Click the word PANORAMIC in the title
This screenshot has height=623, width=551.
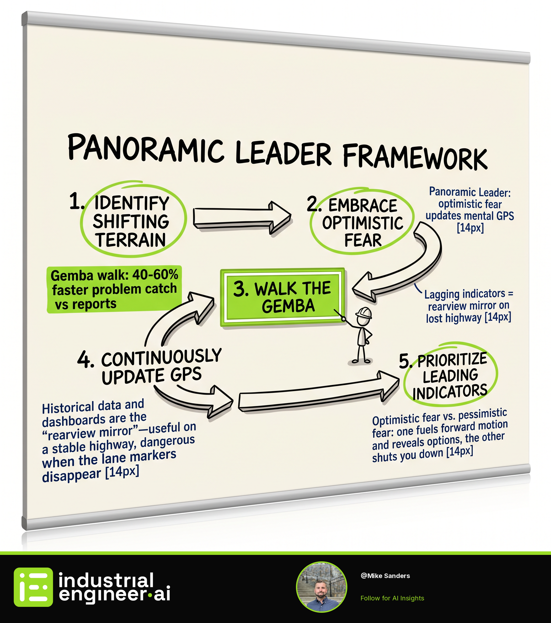tap(146, 148)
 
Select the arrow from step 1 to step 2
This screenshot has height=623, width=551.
tap(242, 217)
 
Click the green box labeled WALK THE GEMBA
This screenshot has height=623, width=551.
tap(283, 297)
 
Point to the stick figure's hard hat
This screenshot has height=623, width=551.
tap(364, 313)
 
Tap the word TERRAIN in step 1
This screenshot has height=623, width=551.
tap(131, 240)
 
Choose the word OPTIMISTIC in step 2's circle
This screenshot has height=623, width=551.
tap(362, 223)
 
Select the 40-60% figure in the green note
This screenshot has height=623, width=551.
tap(155, 274)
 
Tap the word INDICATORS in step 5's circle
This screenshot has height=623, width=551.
tap(450, 392)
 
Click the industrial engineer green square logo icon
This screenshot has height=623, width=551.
tap(33, 587)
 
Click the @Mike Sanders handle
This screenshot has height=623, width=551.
tap(385, 576)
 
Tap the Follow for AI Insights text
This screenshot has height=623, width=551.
tap(392, 598)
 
